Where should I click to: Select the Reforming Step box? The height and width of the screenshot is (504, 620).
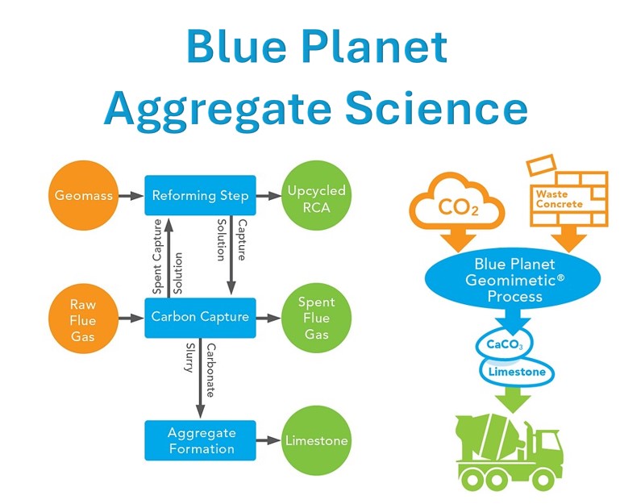(201, 195)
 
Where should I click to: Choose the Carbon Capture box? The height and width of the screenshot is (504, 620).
(201, 317)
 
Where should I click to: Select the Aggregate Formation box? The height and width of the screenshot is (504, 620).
(201, 440)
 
